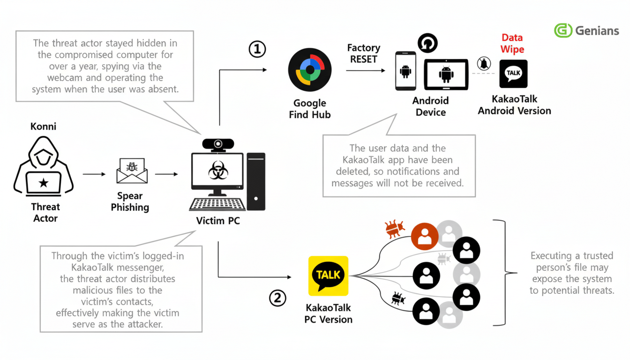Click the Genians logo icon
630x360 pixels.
tap(563, 30)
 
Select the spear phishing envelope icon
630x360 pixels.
tap(132, 172)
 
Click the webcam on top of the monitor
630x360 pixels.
tap(218, 144)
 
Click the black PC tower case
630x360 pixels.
tap(255, 181)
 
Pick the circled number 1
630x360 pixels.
tap(257, 49)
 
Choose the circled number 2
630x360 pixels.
tap(277, 298)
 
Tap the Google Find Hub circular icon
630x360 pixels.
tap(309, 70)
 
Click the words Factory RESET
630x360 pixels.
tap(363, 54)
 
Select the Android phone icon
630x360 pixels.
tap(405, 71)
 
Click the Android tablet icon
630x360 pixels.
tap(446, 74)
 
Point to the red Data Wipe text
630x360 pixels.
tap(512, 44)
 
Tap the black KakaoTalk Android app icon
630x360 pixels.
tap(513, 74)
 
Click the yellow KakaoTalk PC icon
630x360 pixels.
tap(328, 276)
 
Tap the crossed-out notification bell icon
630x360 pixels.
tap(484, 63)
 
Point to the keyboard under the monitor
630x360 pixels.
tap(218, 204)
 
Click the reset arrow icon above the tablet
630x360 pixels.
tap(427, 43)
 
